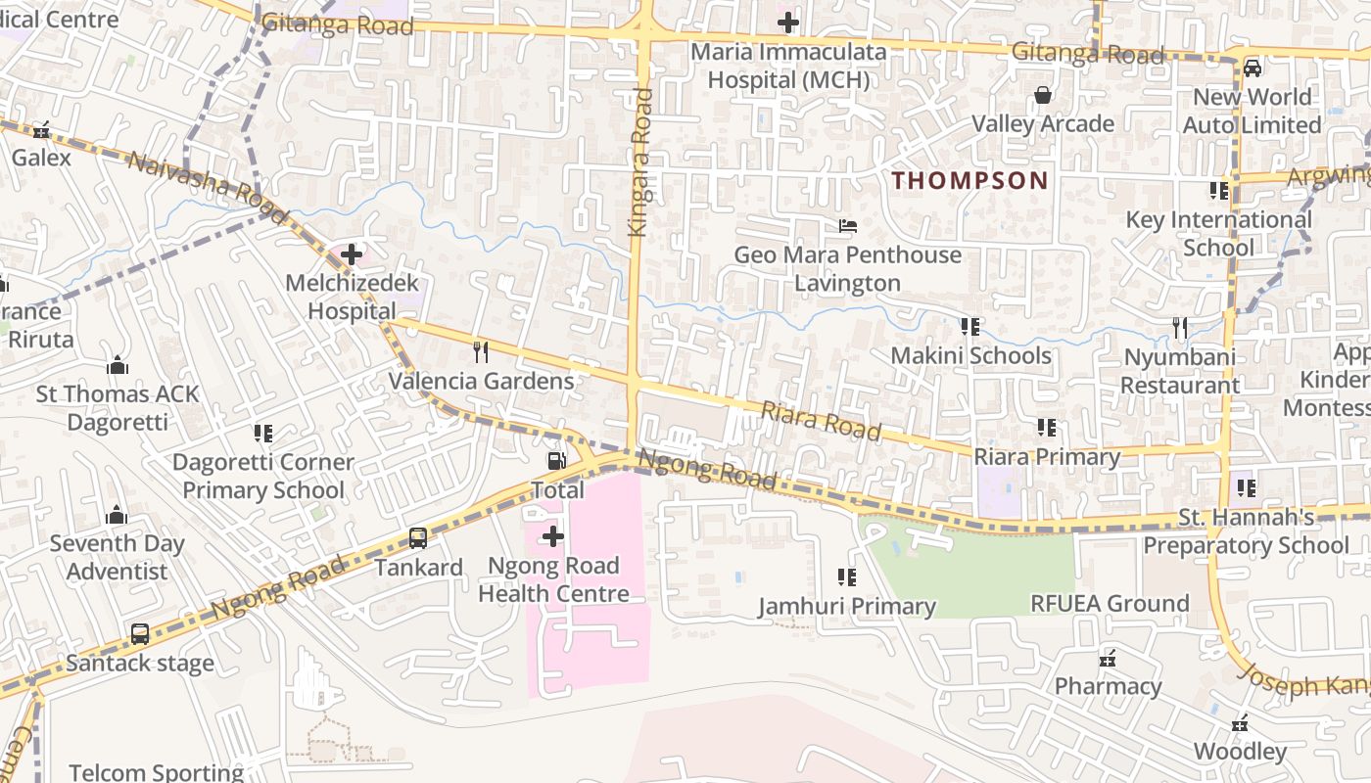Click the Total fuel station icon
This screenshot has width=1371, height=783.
click(555, 460)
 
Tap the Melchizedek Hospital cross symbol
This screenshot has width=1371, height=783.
click(352, 255)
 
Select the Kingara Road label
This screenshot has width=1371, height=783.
click(641, 161)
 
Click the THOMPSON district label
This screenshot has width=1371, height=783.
click(969, 180)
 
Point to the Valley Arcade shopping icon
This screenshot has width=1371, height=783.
click(1043, 95)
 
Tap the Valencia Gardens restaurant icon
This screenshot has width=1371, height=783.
click(481, 352)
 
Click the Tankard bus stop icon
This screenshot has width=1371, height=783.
click(418, 537)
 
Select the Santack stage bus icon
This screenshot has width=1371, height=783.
click(140, 633)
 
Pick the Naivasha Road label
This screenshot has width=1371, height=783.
click(209, 187)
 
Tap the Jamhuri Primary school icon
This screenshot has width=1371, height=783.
click(847, 577)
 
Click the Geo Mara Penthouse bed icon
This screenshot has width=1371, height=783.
click(848, 226)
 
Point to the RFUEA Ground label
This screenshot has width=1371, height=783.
click(1110, 603)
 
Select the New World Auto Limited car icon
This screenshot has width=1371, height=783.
click(1252, 68)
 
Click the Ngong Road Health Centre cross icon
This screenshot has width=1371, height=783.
click(553, 536)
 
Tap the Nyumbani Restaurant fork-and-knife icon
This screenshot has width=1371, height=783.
click(1180, 328)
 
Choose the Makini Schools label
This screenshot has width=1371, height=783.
click(970, 355)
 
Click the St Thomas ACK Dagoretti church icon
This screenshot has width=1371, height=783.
click(118, 366)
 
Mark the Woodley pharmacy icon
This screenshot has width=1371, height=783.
click(1240, 723)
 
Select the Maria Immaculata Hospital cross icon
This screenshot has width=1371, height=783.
click(788, 22)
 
